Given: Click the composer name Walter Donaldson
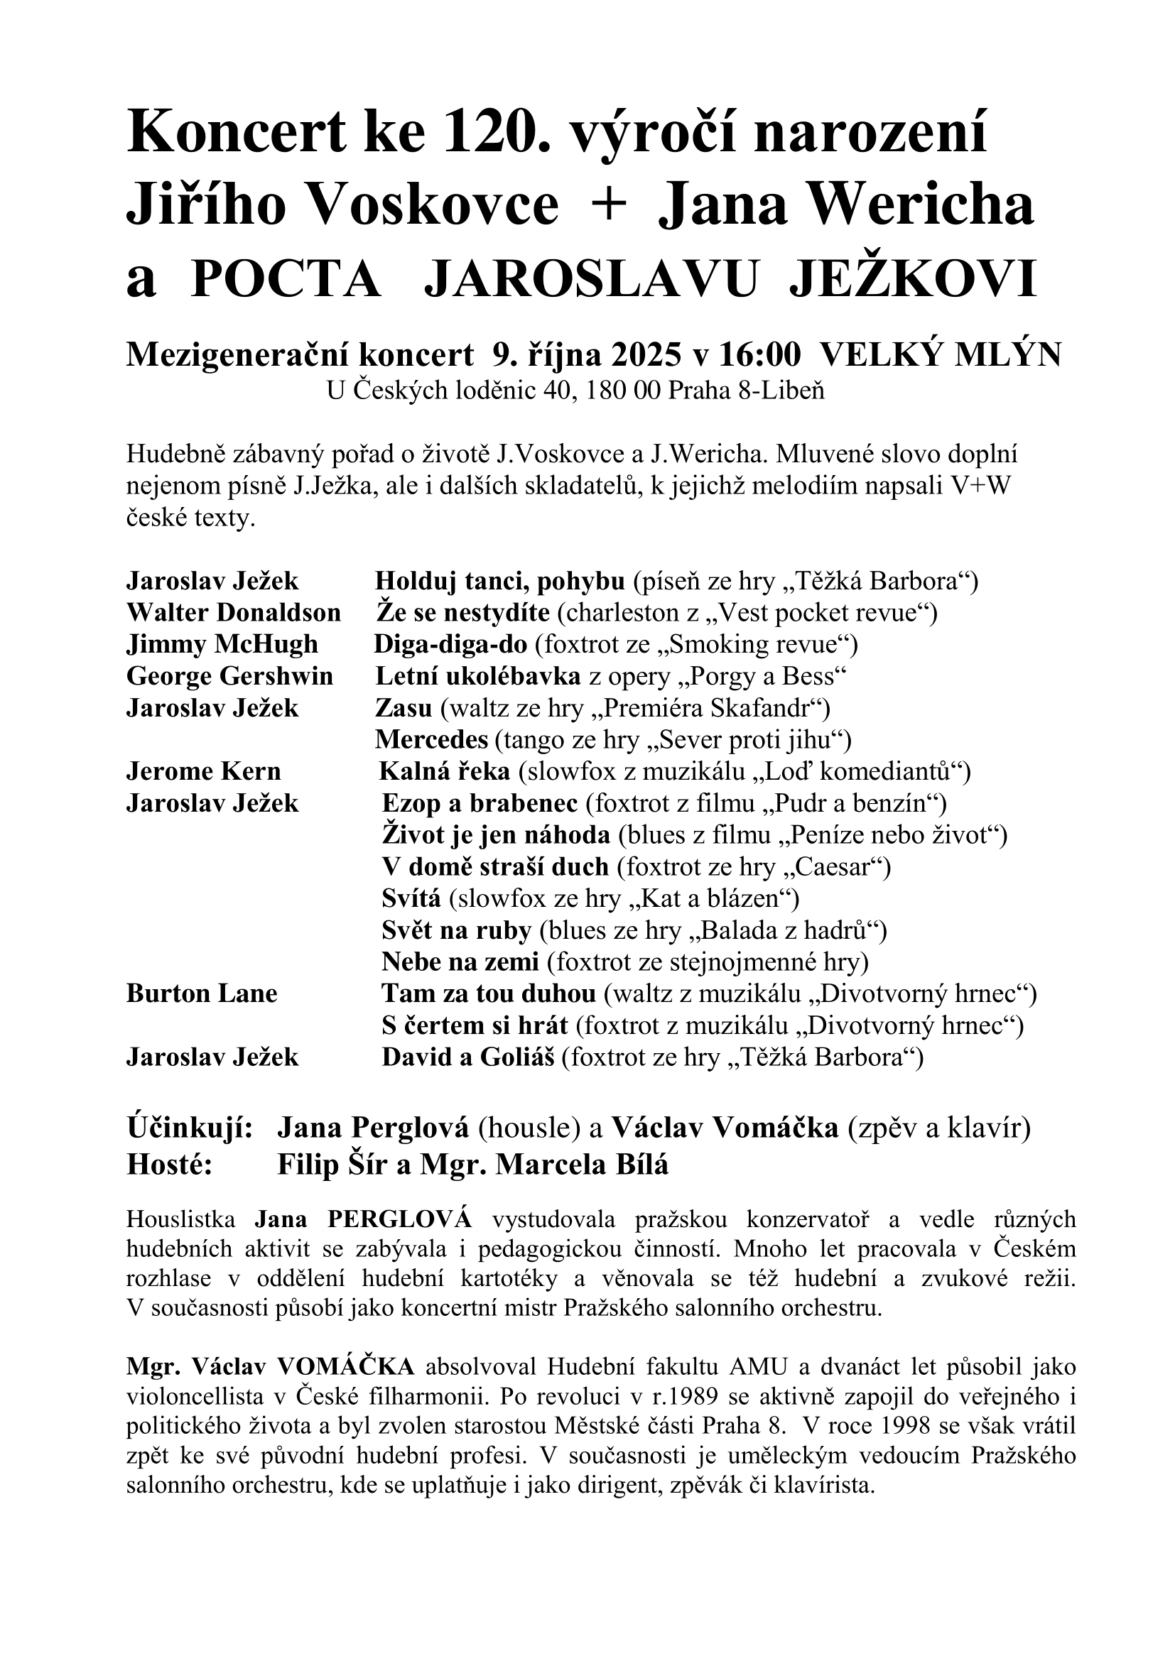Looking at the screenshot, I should point(234,613).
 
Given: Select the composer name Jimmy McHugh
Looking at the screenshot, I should point(222,645).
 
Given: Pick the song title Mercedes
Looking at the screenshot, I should point(431,740).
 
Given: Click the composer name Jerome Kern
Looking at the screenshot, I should point(203,772).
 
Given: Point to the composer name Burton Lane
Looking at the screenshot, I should point(202,994).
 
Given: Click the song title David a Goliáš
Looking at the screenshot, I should point(467,1057).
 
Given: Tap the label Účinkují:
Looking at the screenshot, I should point(190,1128).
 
